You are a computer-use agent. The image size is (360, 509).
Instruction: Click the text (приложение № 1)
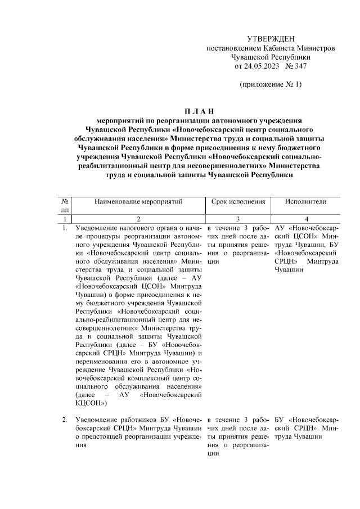coord(271,84)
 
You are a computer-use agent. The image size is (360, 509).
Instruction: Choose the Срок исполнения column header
coord(238,202)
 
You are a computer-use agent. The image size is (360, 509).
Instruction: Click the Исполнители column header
coord(305,202)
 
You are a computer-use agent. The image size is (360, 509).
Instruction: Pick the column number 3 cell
coord(238,219)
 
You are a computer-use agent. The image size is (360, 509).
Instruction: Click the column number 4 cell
coord(306,219)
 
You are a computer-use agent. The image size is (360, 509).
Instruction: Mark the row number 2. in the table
coord(65,420)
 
